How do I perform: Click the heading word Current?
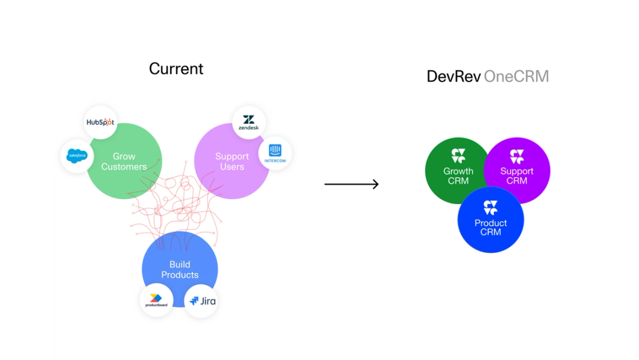pyautogui.click(x=176, y=69)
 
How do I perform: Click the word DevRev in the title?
pyautogui.click(x=453, y=76)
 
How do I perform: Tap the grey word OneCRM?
pyautogui.click(x=517, y=76)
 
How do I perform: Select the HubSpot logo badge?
pyautogui.click(x=100, y=123)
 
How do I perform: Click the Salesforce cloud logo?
pyautogui.click(x=77, y=156)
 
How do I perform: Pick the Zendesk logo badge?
pyautogui.click(x=248, y=123)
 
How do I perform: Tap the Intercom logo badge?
pyautogui.click(x=275, y=153)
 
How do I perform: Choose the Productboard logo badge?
pyautogui.click(x=157, y=300)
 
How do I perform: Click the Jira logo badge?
pyautogui.click(x=202, y=301)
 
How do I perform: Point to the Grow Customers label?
pyautogui.click(x=124, y=162)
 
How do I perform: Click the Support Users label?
pyautogui.click(x=232, y=162)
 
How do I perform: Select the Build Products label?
pyautogui.click(x=180, y=269)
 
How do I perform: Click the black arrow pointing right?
pyautogui.click(x=351, y=184)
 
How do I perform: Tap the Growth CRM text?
pyautogui.click(x=459, y=176)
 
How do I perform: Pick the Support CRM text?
pyautogui.click(x=517, y=176)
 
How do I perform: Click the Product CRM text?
pyautogui.click(x=490, y=227)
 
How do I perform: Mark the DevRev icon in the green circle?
pyautogui.click(x=459, y=156)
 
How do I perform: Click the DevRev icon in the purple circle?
pyautogui.click(x=517, y=156)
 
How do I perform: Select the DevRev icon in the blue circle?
pyautogui.click(x=490, y=207)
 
